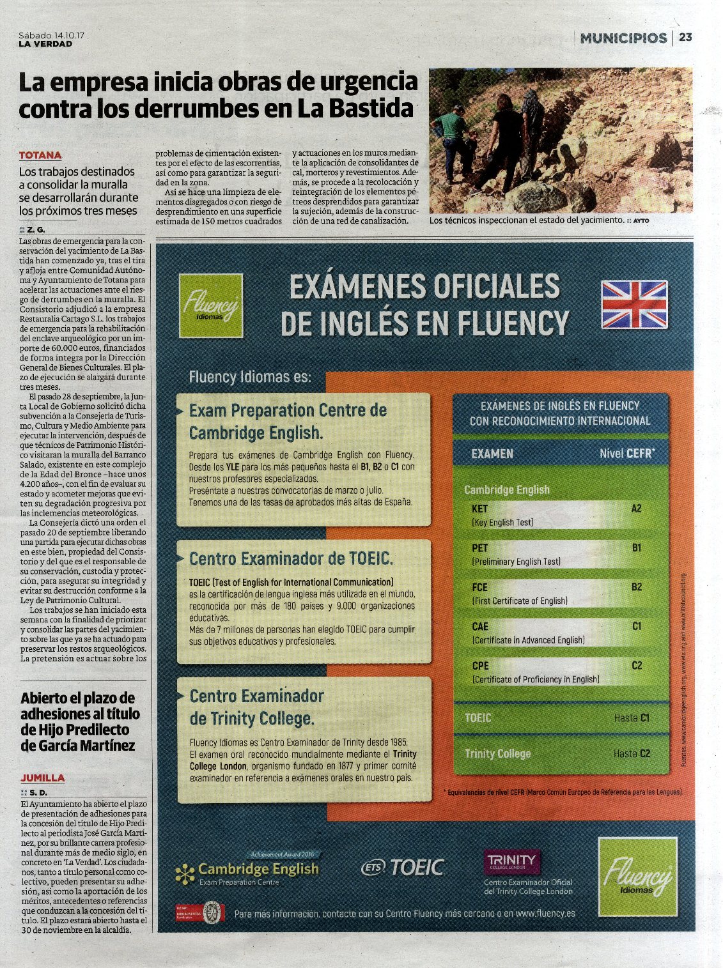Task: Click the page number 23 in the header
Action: pos(685,38)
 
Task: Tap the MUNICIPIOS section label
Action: pos(623,38)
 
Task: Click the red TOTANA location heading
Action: pos(40,155)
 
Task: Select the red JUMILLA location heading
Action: pos(43,778)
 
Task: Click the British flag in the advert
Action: pos(634,304)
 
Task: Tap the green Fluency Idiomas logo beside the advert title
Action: pos(210,305)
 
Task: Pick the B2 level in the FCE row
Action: pos(636,587)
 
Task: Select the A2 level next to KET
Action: pos(636,509)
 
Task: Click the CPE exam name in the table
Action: pos(480,666)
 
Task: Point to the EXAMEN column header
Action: pos(492,454)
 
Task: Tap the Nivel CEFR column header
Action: pos(627,454)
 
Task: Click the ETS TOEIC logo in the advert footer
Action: pos(403,867)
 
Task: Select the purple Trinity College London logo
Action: pos(511,861)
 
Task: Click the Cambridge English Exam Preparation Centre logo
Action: pos(247,872)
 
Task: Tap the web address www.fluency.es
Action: pos(545,914)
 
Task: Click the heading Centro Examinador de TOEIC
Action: pos(291,558)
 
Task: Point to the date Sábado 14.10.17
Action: pos(52,35)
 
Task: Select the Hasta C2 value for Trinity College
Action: pos(631,753)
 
